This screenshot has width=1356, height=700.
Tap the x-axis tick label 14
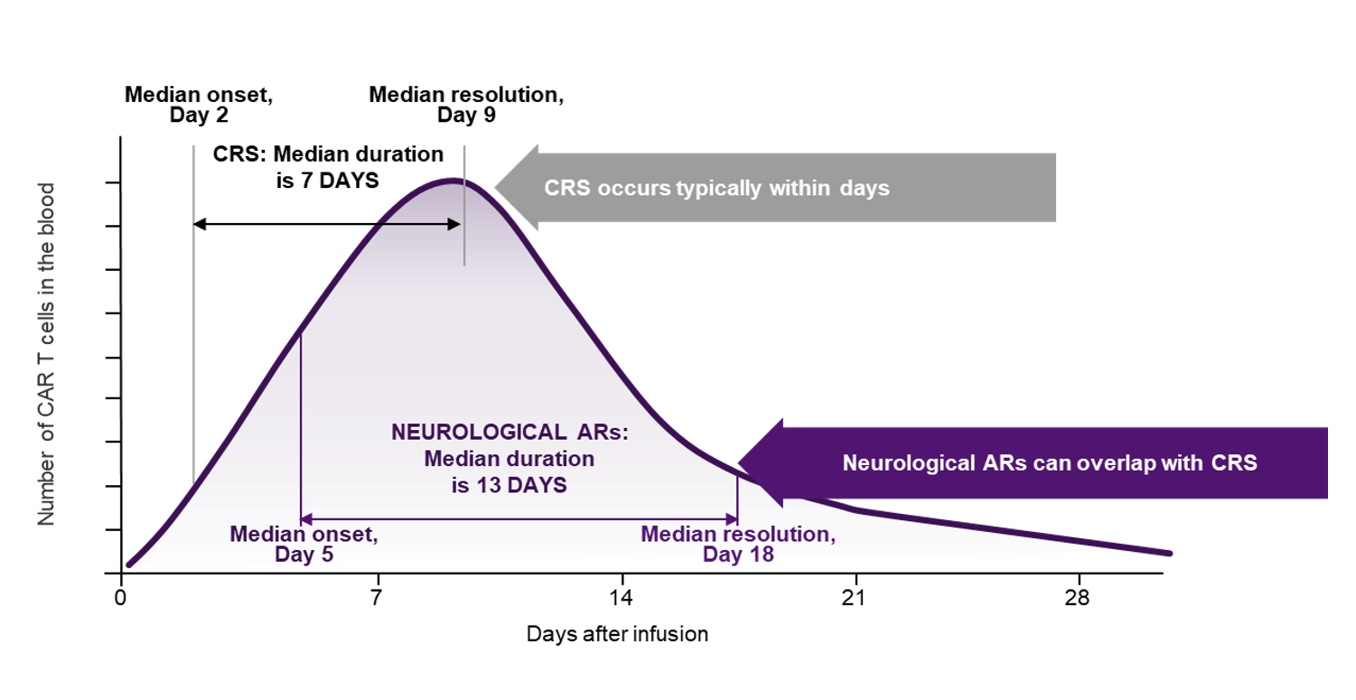pos(621,598)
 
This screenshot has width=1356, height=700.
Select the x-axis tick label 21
pos(854,598)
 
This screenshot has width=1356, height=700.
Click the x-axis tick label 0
pos(121,598)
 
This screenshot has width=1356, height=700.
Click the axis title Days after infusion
pos(617,634)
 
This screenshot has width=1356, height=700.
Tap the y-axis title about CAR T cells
pos(48,354)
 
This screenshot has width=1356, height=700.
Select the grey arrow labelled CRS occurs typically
pos(777,188)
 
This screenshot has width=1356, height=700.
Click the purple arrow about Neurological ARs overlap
pos(1039,463)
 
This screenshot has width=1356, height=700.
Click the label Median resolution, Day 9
pos(466,105)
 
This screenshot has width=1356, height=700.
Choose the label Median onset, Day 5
pos(304,544)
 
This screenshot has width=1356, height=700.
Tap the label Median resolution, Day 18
pos(738,544)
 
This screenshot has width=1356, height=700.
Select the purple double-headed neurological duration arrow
pos(519,518)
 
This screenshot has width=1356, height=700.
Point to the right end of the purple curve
pos(1169,553)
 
